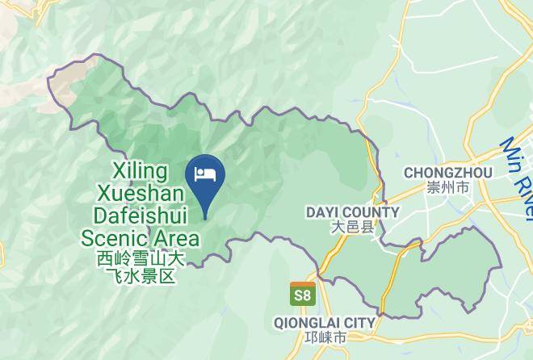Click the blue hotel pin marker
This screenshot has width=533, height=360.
point(205,179)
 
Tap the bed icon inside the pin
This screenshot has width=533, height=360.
point(205,174)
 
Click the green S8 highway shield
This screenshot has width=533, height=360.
point(302,295)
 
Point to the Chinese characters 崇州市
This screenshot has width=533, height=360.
point(447,187)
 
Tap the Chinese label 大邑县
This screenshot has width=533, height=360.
point(353,228)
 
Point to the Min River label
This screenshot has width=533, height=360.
point(516,176)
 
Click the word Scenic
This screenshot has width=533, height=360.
point(113,238)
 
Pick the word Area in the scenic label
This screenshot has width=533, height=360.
point(173,238)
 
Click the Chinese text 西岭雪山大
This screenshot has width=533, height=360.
point(141,260)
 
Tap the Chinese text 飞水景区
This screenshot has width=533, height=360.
point(141,276)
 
